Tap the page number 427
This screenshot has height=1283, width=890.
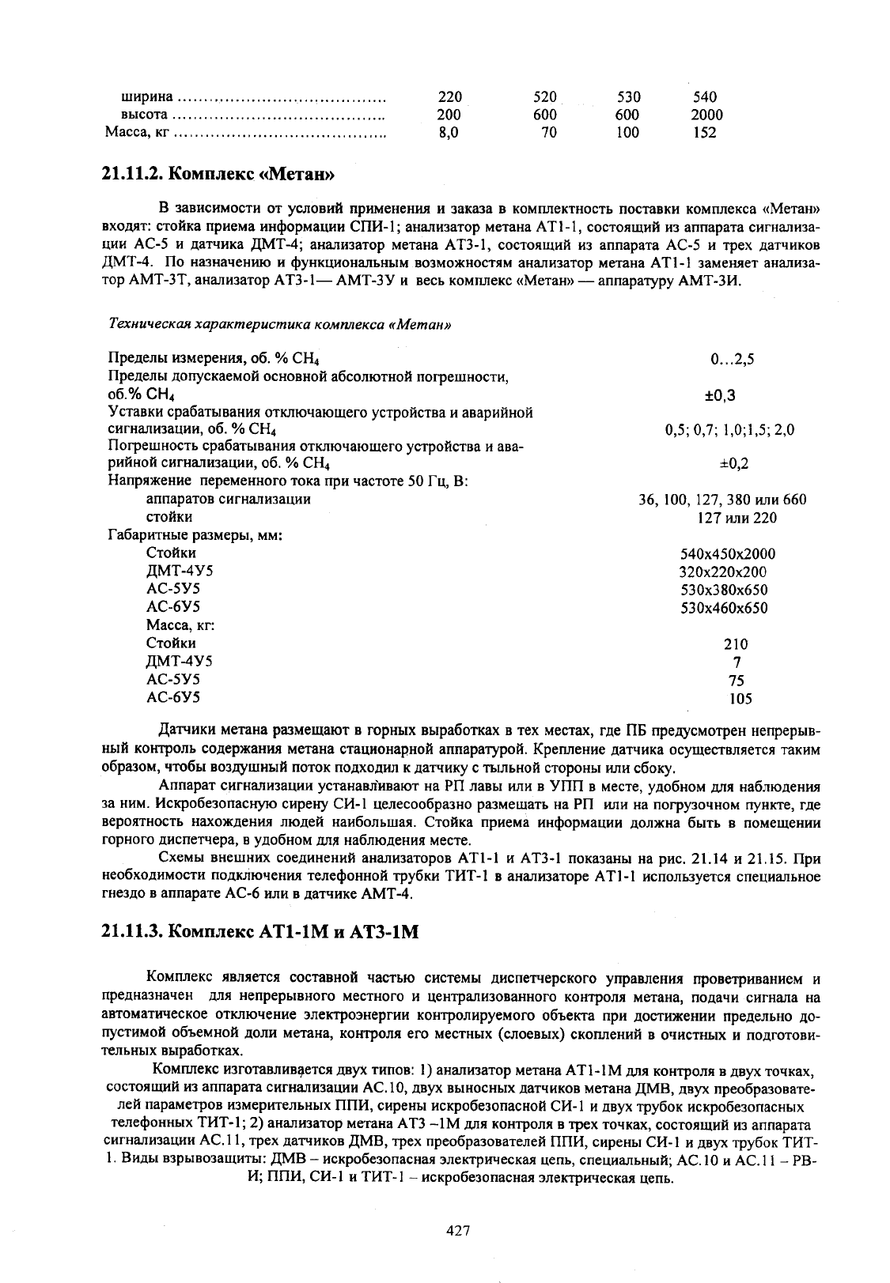coord(459,1231)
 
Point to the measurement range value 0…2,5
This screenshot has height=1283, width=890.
coord(733,360)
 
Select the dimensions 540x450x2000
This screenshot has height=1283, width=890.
coord(728,554)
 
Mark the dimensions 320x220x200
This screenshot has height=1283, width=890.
coord(723,572)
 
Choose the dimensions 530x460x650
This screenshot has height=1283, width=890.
coord(724,608)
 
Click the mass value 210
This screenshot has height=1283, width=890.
coord(736,644)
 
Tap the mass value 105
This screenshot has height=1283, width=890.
coord(740,699)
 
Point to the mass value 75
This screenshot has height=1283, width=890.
coord(737,681)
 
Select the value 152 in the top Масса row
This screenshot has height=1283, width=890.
coord(704,133)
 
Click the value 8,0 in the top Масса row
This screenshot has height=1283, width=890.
coord(449,133)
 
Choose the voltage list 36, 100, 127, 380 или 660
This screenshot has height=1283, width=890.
coord(722,500)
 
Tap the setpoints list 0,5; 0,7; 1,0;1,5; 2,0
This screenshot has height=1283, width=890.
coord(729,431)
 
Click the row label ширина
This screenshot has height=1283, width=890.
coord(146,97)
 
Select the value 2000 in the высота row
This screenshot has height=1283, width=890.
coord(706,115)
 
